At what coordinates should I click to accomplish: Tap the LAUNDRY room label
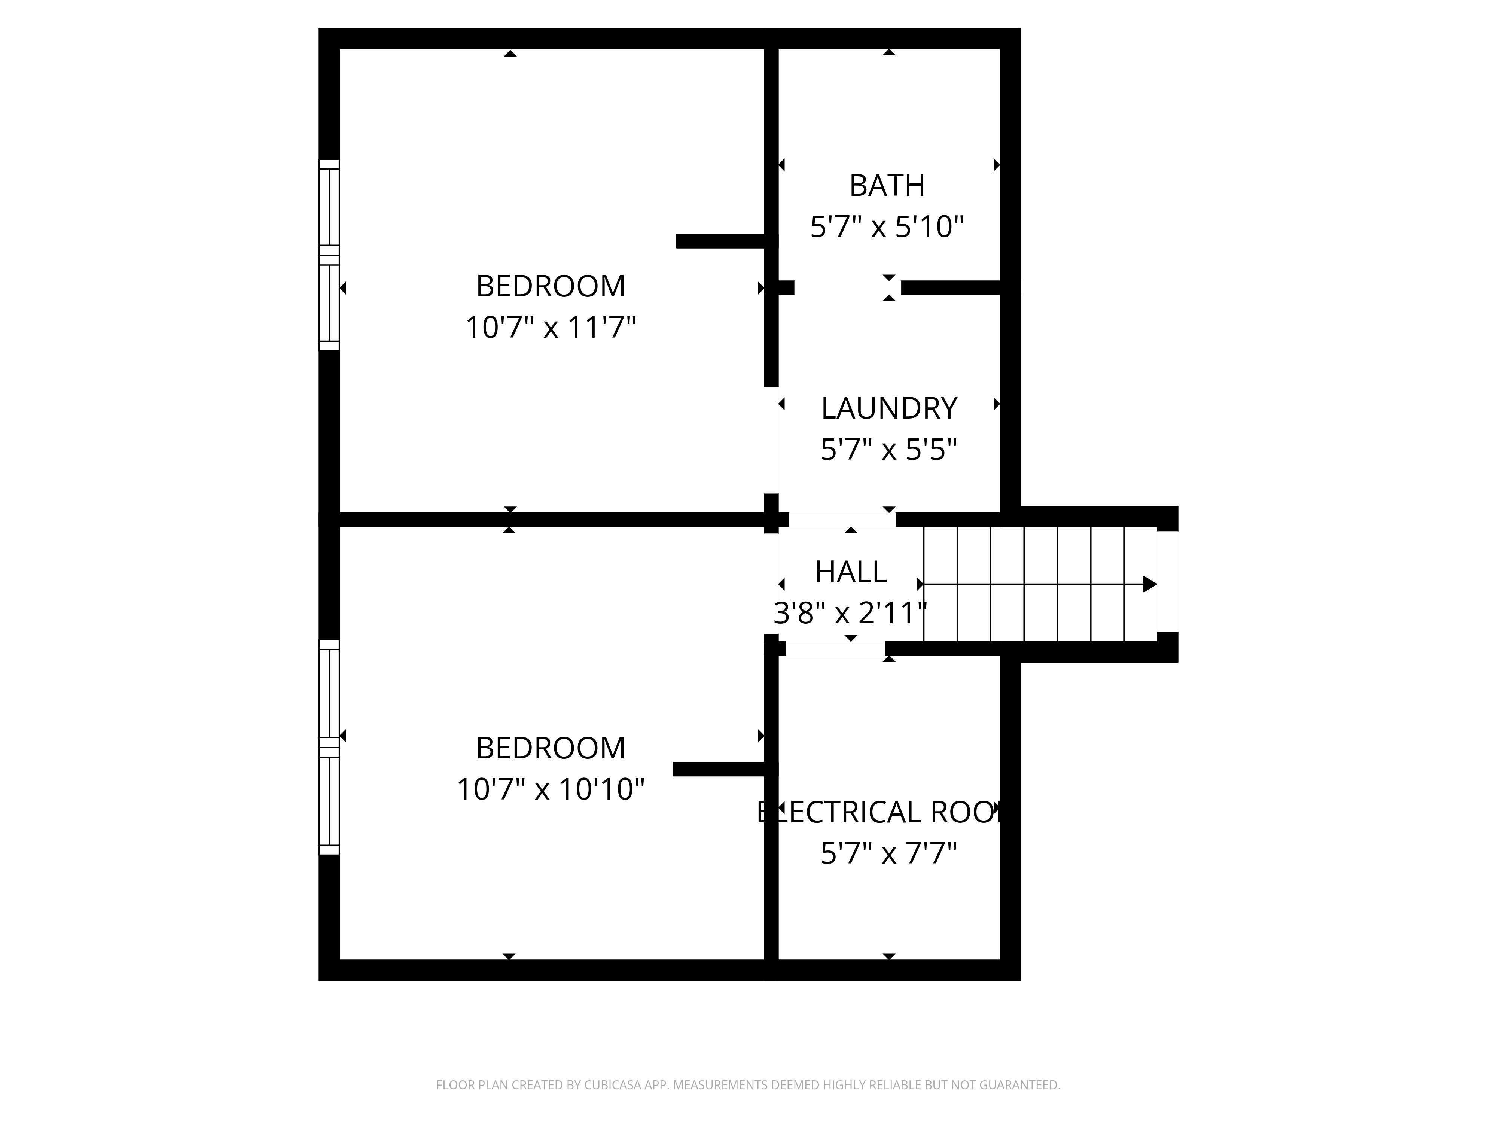tap(888, 408)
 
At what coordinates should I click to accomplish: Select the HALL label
tap(851, 572)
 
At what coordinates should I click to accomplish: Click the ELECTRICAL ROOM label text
tap(880, 812)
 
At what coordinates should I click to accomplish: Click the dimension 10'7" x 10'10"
tap(550, 789)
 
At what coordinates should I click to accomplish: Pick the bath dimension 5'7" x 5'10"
tap(887, 227)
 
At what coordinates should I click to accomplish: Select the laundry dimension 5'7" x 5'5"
tap(888, 450)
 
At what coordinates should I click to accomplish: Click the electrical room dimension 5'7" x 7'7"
tap(888, 853)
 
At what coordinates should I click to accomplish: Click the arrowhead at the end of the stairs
tap(1150, 584)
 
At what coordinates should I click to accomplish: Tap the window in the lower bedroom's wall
tap(329, 747)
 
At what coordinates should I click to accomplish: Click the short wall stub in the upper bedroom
tap(721, 241)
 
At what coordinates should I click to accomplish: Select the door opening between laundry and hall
tap(842, 520)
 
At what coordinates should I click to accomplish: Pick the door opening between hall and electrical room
tap(835, 648)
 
